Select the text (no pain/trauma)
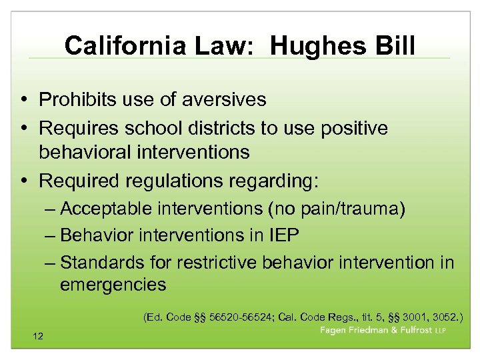(x=335, y=209)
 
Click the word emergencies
(x=113, y=285)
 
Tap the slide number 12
(x=37, y=336)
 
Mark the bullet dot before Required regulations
(x=24, y=181)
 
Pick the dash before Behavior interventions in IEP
(x=51, y=235)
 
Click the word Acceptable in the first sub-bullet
(x=106, y=209)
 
